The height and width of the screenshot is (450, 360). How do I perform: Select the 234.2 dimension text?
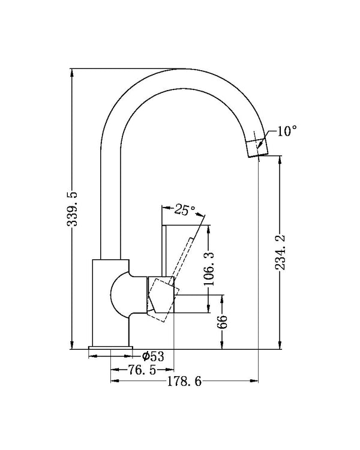[280, 252]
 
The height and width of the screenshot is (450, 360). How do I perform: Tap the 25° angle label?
[185, 210]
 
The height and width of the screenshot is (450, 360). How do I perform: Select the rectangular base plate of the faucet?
[111, 349]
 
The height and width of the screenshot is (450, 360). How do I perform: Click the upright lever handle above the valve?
[166, 252]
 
